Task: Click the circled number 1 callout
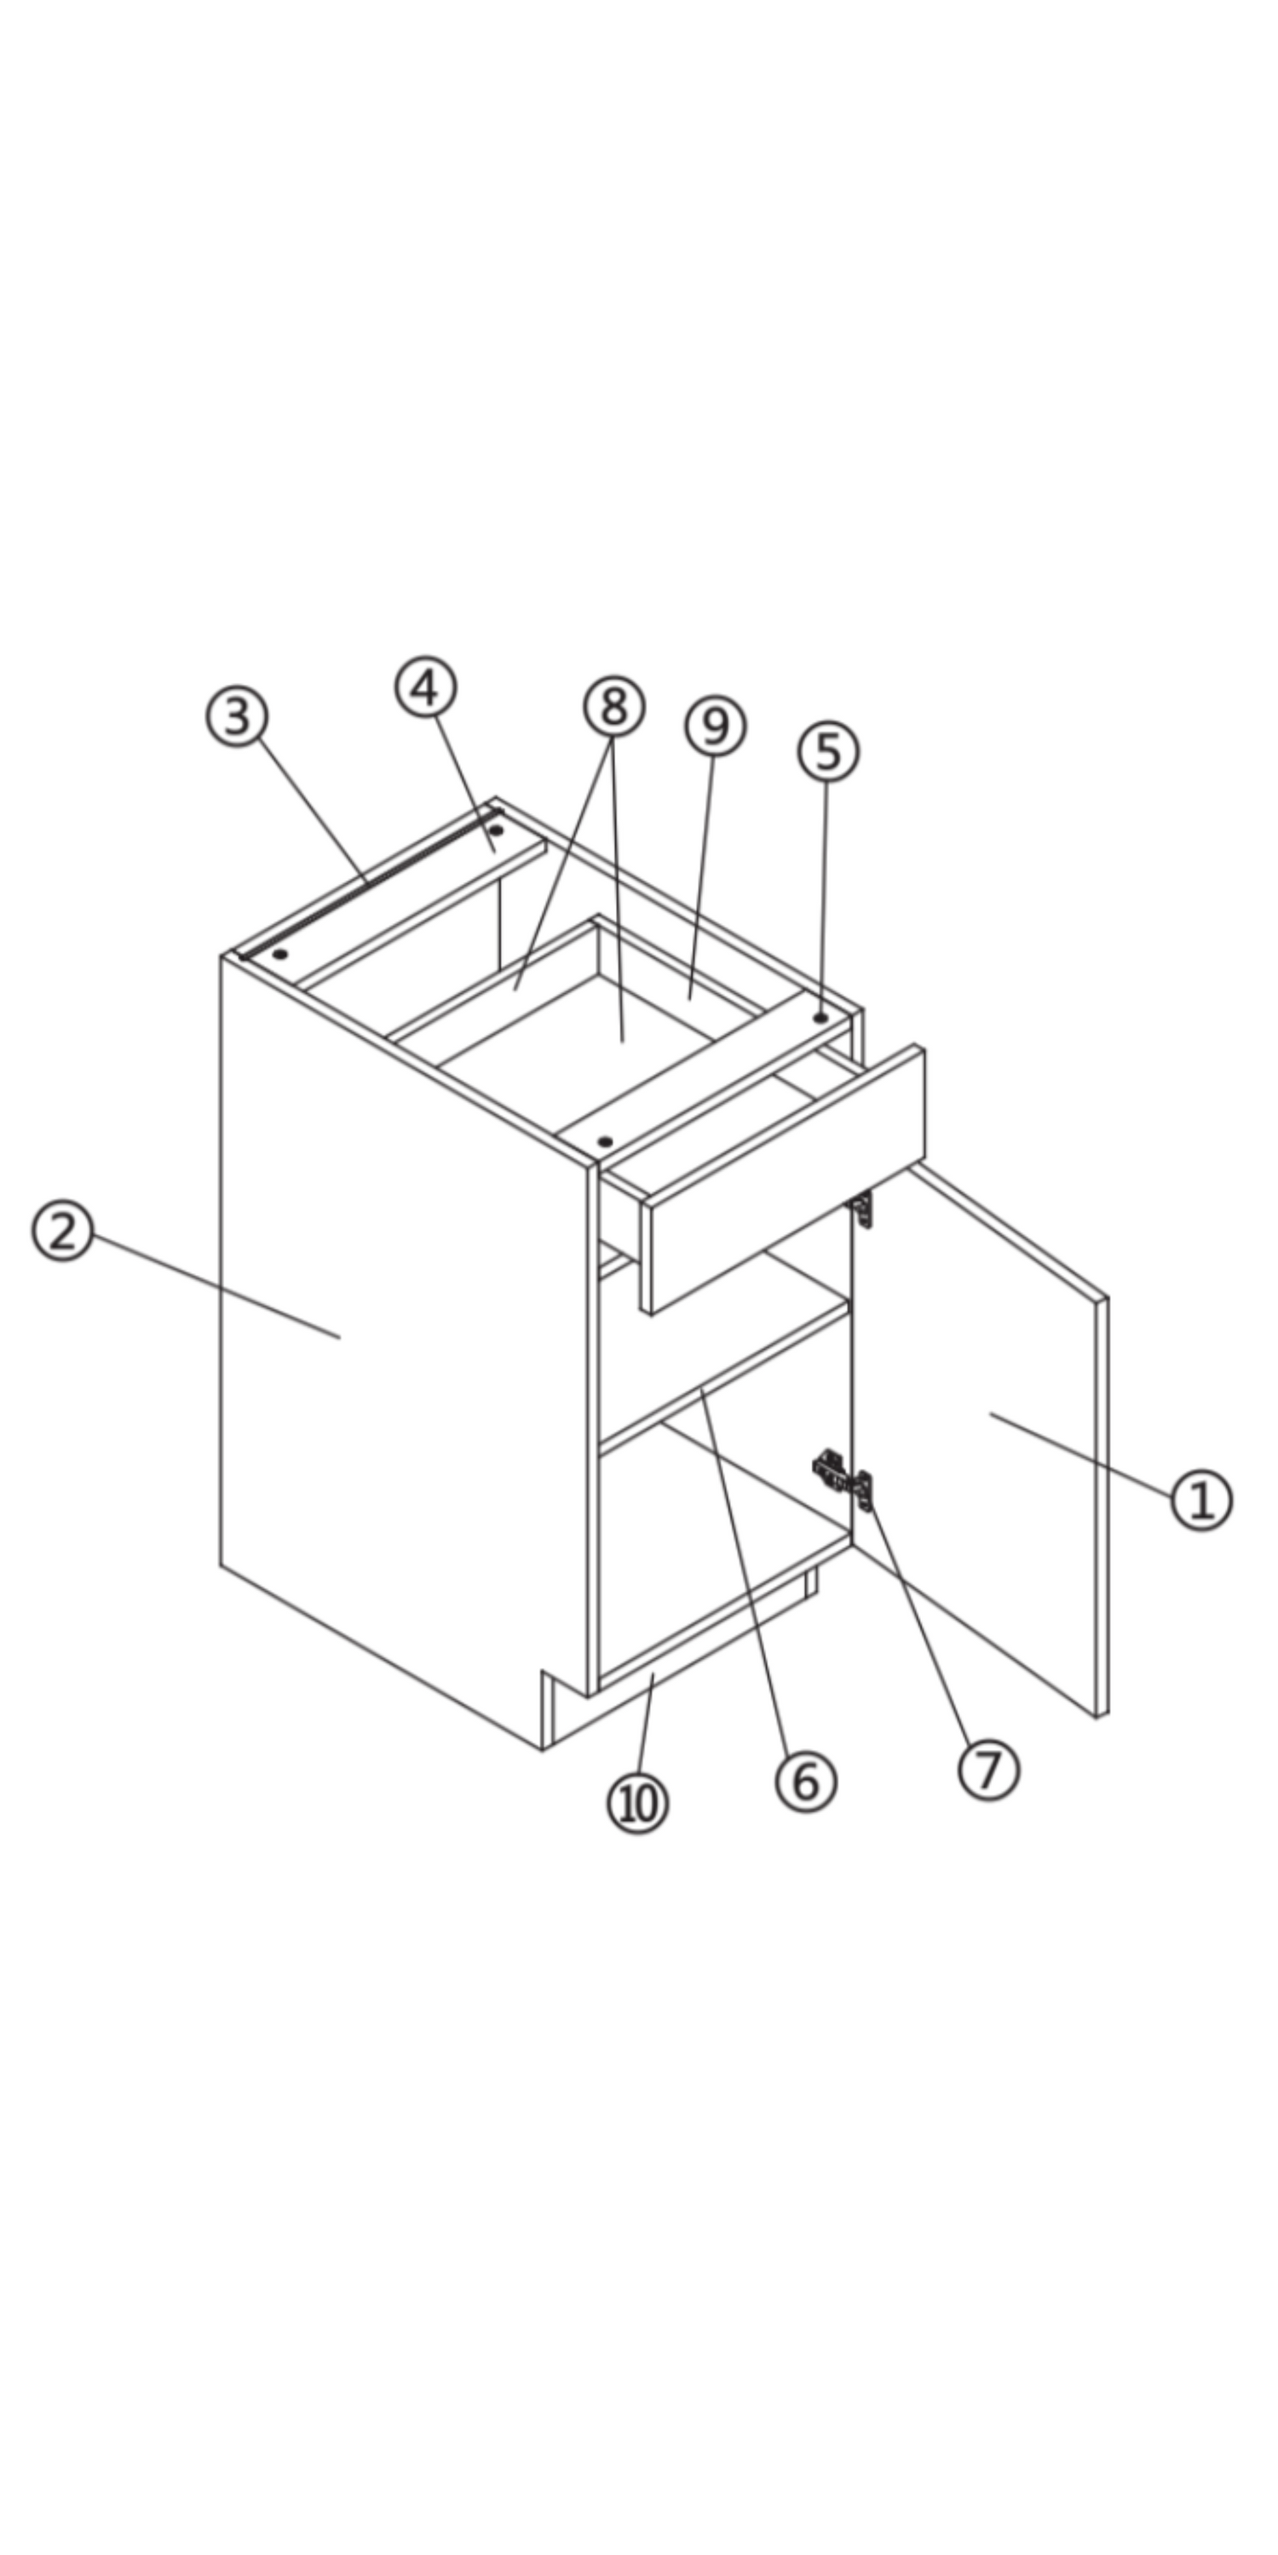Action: (1201, 1500)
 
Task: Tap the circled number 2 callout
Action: (62, 1231)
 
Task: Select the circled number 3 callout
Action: (237, 716)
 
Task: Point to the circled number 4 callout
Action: (426, 687)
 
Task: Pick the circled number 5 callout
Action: (828, 752)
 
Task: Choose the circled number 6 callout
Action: (806, 1782)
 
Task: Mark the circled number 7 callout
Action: (988, 1770)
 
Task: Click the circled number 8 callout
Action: (614, 706)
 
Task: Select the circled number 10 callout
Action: (638, 1803)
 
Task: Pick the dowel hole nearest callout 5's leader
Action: (820, 1018)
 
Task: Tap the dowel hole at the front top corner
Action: (605, 1141)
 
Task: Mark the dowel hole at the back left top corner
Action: (281, 954)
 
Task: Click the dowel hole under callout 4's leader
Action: (496, 830)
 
